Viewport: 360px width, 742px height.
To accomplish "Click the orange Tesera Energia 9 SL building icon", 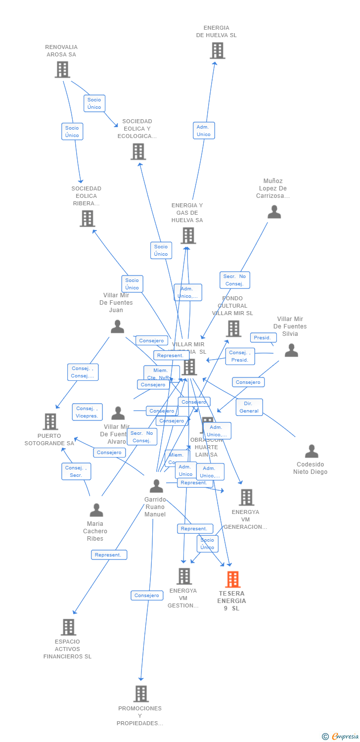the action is (232, 579).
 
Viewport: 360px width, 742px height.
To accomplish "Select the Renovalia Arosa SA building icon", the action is (62, 70).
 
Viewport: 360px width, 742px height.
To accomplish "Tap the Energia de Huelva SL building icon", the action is (217, 50).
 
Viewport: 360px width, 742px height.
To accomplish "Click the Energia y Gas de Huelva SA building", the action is (188, 235).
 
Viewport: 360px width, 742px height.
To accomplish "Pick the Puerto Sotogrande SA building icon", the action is (50, 421).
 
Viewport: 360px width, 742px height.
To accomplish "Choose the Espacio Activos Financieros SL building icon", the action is (68, 627).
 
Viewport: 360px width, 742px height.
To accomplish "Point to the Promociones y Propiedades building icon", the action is (141, 694).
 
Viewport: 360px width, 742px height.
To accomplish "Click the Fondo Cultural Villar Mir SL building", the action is (233, 328).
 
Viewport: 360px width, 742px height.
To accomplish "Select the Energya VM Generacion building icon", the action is (246, 497).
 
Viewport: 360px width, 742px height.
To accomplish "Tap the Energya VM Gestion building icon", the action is (184, 576).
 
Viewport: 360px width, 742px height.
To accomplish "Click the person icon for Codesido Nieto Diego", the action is (312, 451).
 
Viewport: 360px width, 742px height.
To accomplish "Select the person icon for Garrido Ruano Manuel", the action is (156, 486).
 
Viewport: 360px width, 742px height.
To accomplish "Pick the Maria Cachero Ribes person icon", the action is (96, 510).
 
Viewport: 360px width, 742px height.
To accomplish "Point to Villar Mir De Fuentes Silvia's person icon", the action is (291, 350).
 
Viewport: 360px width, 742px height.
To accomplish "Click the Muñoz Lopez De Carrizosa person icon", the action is (274, 212).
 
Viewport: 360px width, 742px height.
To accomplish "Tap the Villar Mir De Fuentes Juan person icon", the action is (117, 326).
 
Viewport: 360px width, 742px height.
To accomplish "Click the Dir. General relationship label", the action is (249, 407).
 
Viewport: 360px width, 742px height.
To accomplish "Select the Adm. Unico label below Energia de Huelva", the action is (204, 131).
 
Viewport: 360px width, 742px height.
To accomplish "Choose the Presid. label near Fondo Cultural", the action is (263, 338).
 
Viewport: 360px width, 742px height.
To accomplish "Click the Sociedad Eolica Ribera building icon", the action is (87, 218).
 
